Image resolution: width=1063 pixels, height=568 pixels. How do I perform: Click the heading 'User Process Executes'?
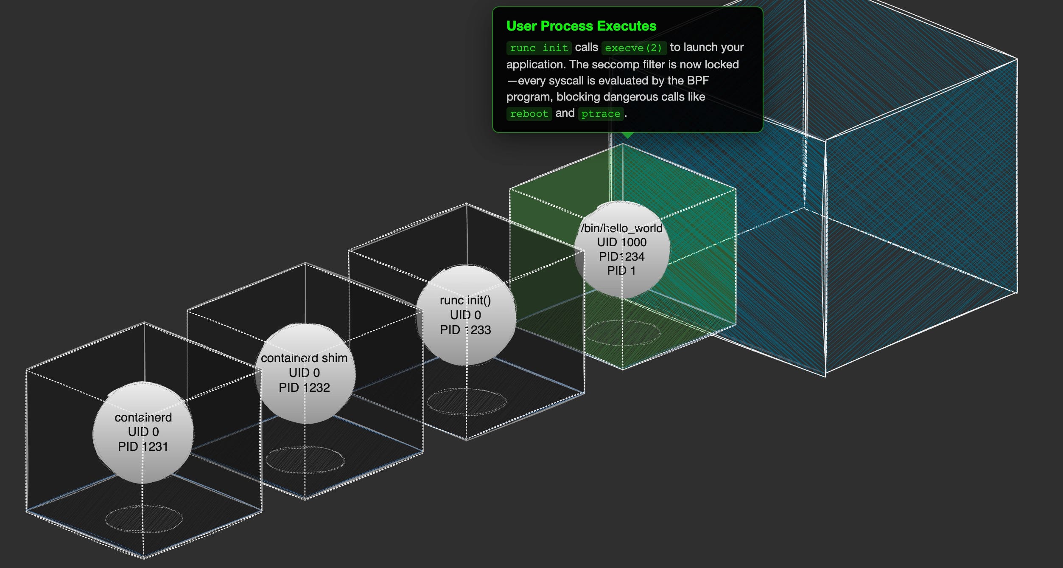pos(581,26)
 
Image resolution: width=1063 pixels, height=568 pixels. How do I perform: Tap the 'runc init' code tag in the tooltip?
pos(539,48)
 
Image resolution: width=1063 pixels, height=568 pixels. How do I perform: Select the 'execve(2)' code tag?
pos(634,48)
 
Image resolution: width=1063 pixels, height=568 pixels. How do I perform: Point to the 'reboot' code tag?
pos(529,114)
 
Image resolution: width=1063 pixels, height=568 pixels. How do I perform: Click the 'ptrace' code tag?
pos(601,114)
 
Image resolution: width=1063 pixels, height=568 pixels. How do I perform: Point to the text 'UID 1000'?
pos(622,242)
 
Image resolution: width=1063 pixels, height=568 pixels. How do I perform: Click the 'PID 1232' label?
pos(304,388)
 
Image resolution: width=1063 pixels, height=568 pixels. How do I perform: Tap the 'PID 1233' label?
pos(465,330)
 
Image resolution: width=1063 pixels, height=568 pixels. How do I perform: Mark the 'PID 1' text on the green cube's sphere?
pos(621,271)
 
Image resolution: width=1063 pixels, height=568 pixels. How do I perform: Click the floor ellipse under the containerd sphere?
pos(144,518)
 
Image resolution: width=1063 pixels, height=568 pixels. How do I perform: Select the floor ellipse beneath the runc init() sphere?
pos(467,402)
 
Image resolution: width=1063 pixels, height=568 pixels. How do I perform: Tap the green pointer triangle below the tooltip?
pos(627,135)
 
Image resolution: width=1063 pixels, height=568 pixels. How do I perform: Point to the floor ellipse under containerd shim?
pos(305,460)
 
